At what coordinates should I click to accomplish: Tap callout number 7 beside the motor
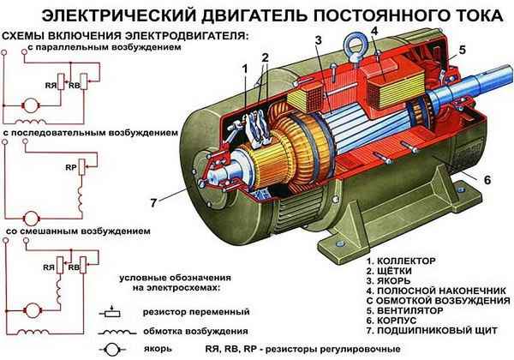click(x=155, y=202)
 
